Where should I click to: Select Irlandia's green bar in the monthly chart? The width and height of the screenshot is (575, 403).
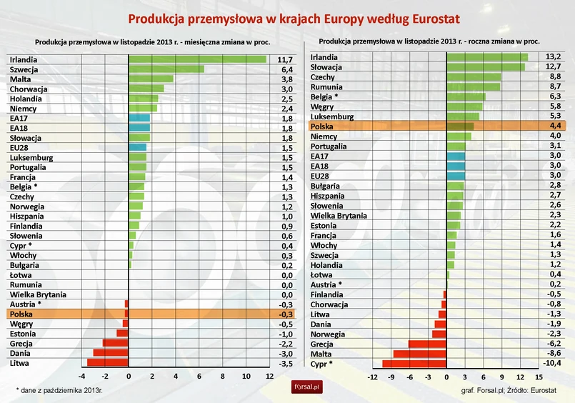(x=197, y=59)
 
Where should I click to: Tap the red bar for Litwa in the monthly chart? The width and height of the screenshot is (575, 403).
(x=108, y=362)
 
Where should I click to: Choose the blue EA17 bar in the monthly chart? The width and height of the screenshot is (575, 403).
(x=139, y=118)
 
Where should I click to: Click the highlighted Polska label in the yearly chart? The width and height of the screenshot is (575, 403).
(x=324, y=126)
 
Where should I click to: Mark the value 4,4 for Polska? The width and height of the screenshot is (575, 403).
(x=553, y=126)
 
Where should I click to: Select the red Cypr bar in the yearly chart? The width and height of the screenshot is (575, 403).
(x=414, y=364)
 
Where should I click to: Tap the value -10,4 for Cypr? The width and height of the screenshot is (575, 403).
(x=551, y=364)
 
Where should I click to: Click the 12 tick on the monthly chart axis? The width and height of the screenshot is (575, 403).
(x=269, y=377)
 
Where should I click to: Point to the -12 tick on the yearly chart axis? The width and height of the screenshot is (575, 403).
(x=372, y=377)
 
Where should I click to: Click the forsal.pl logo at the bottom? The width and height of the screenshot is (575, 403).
(x=308, y=387)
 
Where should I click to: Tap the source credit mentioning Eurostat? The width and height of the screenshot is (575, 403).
(x=509, y=390)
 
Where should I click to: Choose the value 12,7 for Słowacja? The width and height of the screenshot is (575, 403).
(x=553, y=66)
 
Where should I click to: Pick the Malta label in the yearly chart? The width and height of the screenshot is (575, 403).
(x=321, y=354)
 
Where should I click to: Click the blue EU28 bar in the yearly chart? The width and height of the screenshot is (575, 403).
(x=456, y=175)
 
